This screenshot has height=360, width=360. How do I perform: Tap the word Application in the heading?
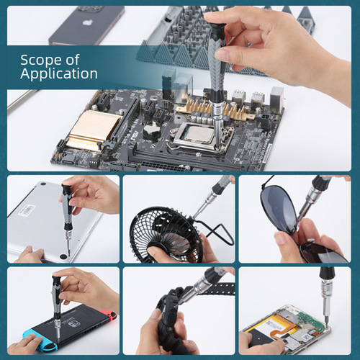[59, 73]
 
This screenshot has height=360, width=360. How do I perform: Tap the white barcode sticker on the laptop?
[27, 210]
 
